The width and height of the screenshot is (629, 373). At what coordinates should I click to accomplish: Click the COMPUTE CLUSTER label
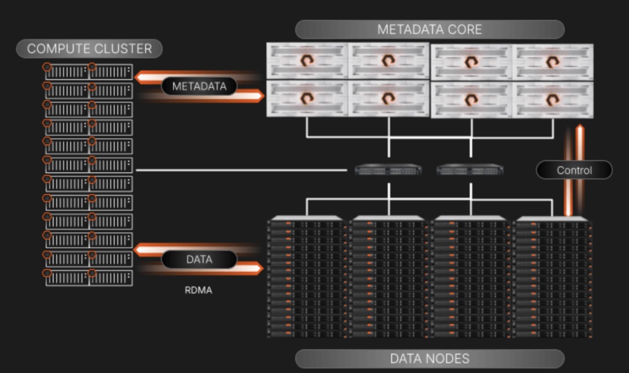89,48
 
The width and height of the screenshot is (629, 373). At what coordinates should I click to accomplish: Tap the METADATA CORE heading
429,29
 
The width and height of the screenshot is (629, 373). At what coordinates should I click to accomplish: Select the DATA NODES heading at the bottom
429,358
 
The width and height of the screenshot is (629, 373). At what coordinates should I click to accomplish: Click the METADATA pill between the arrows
199,87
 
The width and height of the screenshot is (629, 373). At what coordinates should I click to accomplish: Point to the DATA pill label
199,260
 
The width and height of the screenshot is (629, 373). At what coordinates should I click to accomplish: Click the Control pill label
574,170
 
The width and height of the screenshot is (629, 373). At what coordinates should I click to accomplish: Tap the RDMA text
198,290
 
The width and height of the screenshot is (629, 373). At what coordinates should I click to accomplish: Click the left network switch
388,170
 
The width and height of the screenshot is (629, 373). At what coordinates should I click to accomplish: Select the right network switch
470,170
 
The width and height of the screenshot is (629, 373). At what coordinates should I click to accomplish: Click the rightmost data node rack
553,276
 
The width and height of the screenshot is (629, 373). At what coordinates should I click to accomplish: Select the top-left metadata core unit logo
307,61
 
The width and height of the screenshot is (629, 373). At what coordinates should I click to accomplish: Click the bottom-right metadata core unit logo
552,99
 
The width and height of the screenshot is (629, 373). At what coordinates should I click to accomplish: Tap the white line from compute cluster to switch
246,170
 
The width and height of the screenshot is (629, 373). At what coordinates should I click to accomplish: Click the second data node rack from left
388,276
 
